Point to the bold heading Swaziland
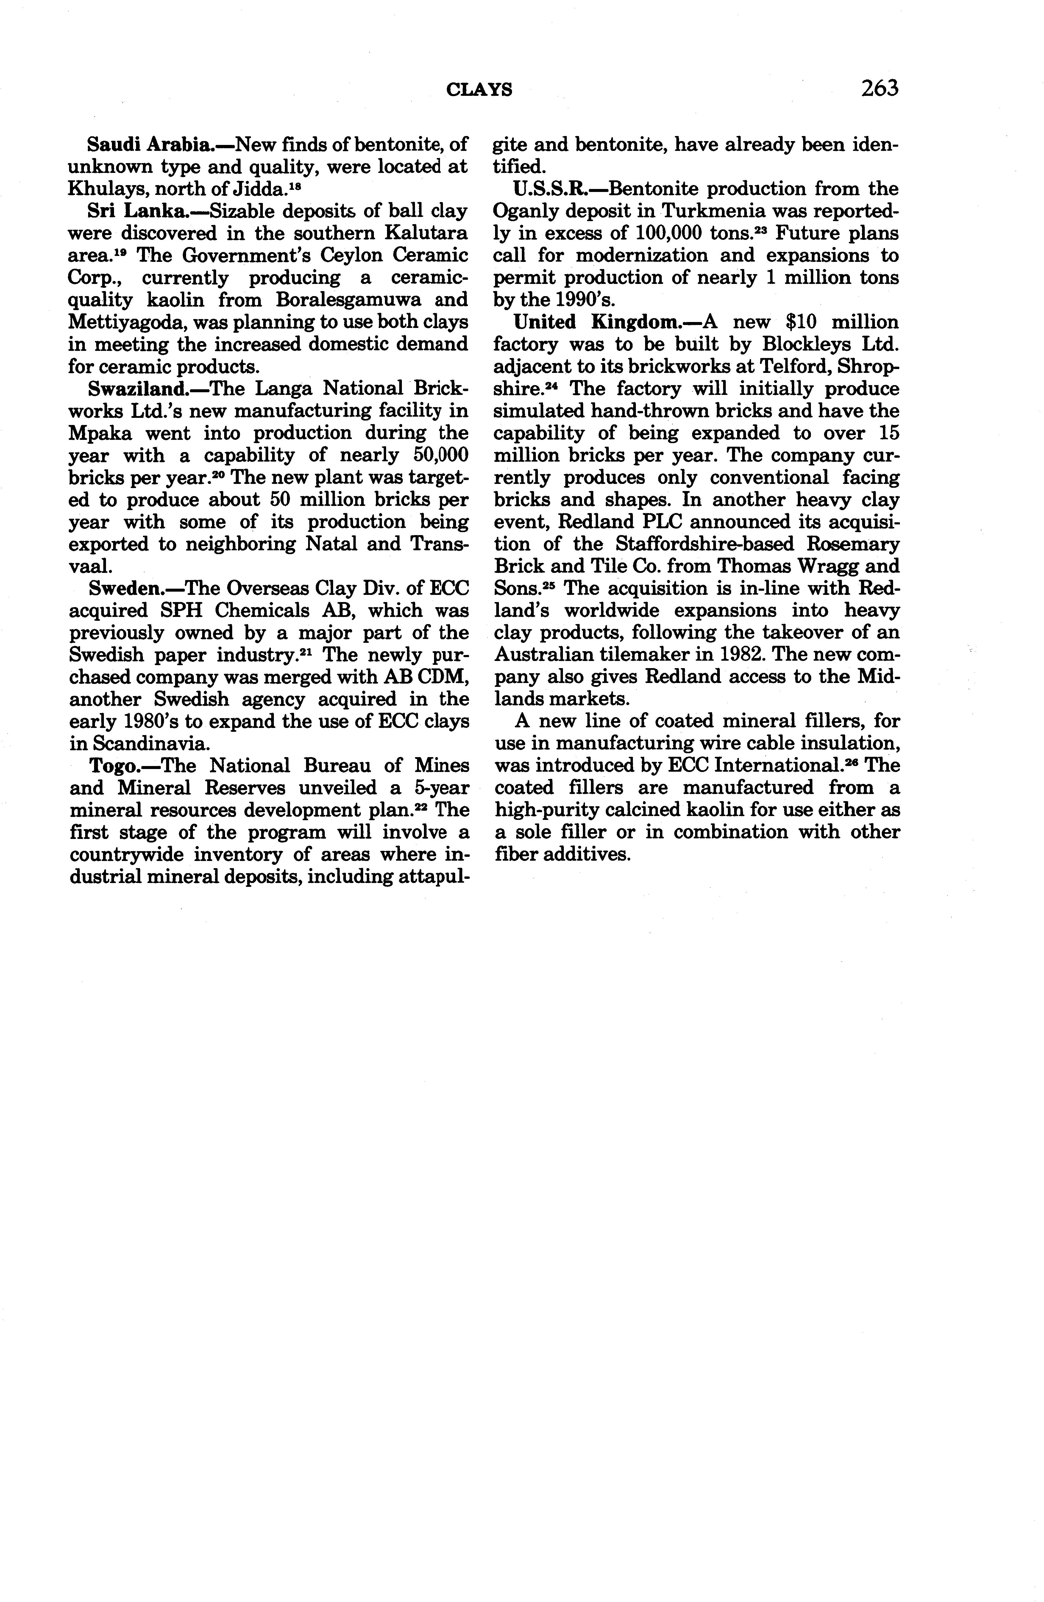coord(138,388)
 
